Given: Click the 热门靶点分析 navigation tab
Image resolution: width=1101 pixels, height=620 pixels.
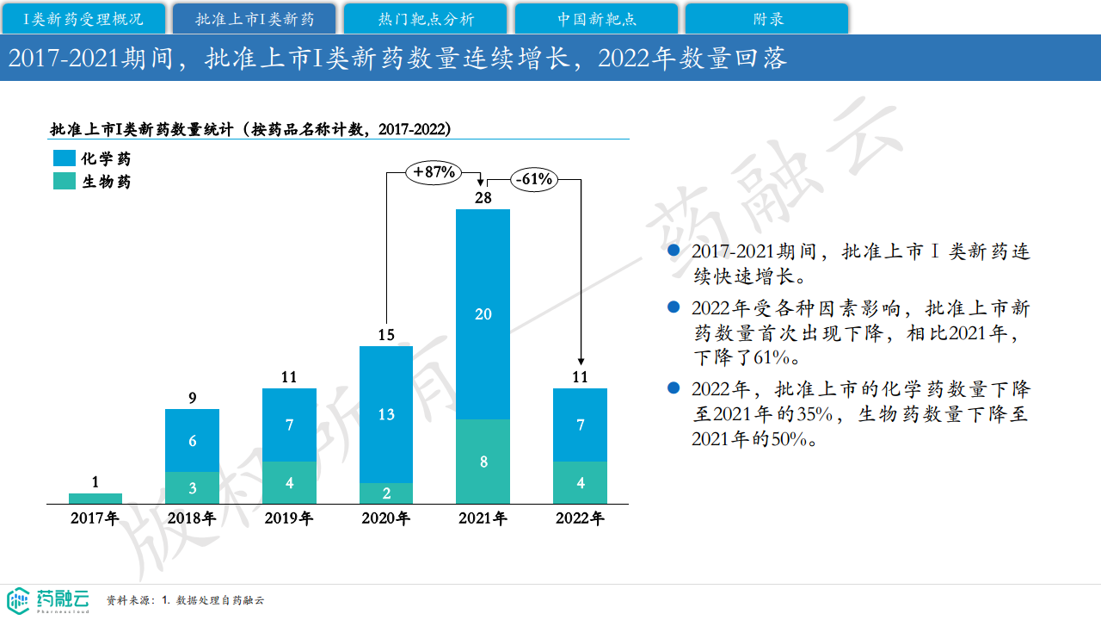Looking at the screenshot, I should tap(426, 18).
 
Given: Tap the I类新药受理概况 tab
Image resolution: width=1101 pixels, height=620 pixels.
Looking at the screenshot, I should tap(83, 18).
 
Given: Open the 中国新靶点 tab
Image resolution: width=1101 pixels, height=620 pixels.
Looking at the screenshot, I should tap(596, 18).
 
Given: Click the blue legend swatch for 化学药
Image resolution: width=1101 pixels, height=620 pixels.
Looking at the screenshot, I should tap(65, 158).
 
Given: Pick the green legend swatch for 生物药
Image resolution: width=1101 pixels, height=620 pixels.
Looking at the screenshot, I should tap(65, 182).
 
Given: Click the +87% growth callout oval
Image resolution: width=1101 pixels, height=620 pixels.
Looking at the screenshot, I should tap(434, 172).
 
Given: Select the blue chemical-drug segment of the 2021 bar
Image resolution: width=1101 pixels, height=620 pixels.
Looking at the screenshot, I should tap(483, 314).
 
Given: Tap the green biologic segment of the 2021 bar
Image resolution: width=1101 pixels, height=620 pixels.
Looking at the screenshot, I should tap(483, 462).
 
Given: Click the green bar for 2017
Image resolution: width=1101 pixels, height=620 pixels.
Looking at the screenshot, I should tap(95, 499).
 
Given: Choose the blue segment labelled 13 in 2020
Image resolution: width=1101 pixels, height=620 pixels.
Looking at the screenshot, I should tap(386, 414).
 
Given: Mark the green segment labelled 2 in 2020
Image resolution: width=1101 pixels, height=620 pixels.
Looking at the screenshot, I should tap(386, 493).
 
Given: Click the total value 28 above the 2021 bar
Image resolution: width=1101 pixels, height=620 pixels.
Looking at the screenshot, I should tap(483, 198).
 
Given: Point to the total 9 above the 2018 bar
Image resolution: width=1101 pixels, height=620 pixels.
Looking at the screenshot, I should tap(193, 398).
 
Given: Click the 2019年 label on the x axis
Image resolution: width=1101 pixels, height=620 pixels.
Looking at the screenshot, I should tap(289, 518).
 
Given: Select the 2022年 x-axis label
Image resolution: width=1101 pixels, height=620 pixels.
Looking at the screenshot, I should tap(580, 518).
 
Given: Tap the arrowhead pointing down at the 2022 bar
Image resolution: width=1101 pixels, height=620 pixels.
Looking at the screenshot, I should tap(581, 361).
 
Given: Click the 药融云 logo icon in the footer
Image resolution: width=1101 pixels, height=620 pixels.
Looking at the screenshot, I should tap(18, 600).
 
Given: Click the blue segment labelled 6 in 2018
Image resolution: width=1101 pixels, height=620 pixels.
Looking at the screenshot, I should tap(193, 440).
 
